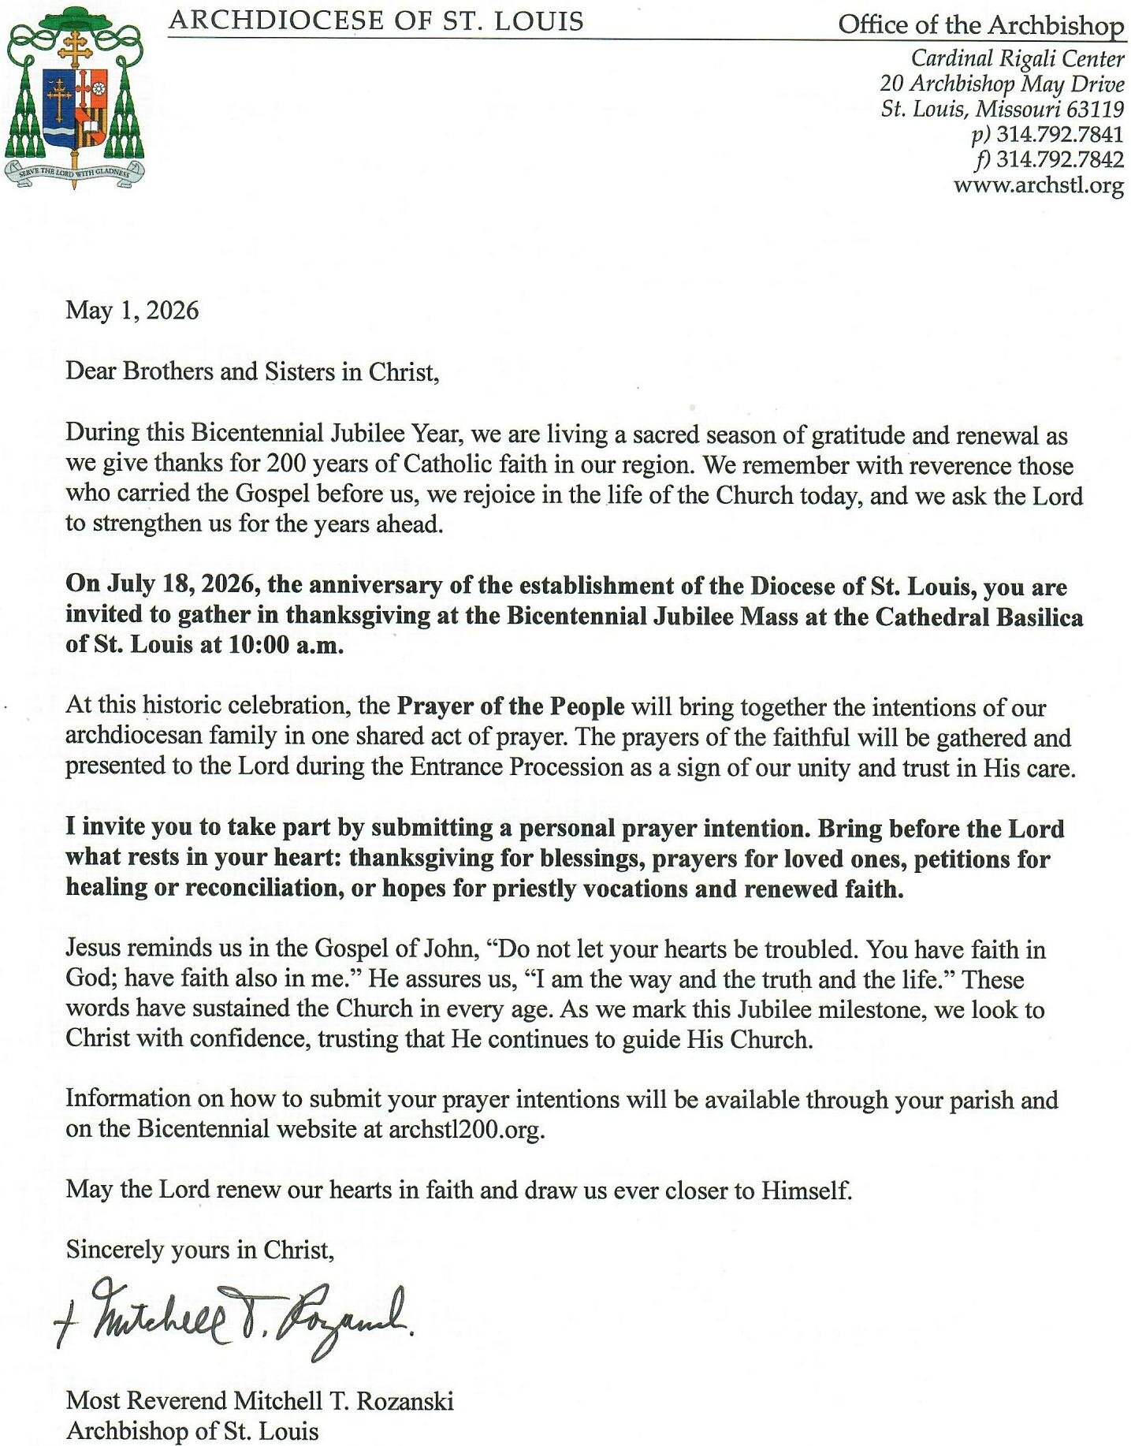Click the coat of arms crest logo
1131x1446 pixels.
pos(74,96)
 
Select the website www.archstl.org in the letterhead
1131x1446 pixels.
pos(1038,186)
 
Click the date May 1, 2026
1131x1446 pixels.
pos(132,311)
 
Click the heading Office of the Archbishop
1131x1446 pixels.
pos(980,25)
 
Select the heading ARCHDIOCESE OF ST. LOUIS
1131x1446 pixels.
pos(376,21)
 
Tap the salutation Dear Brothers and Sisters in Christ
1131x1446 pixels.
pos(251,371)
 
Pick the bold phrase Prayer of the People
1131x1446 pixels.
pos(510,706)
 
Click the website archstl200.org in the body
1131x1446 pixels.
pos(465,1129)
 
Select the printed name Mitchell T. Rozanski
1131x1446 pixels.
pos(344,1401)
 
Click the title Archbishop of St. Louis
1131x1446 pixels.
pos(192,1430)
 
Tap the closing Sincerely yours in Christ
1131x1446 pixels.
pos(200,1250)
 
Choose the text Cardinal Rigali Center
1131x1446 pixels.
pos(1018,58)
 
